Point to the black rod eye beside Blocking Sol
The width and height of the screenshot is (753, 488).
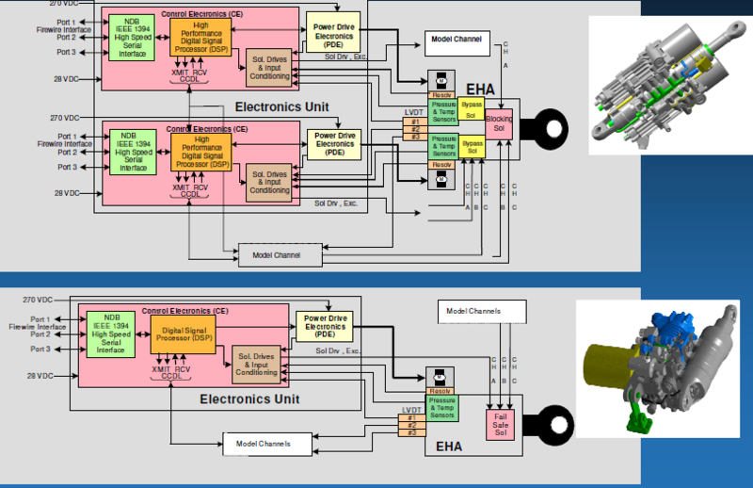(x=543, y=124)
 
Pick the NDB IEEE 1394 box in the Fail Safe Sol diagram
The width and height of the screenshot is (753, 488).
(x=112, y=333)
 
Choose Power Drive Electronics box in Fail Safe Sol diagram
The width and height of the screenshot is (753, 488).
(x=323, y=325)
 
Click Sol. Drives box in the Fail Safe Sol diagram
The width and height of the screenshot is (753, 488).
(x=255, y=363)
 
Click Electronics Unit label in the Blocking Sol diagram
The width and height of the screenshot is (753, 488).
(x=281, y=106)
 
